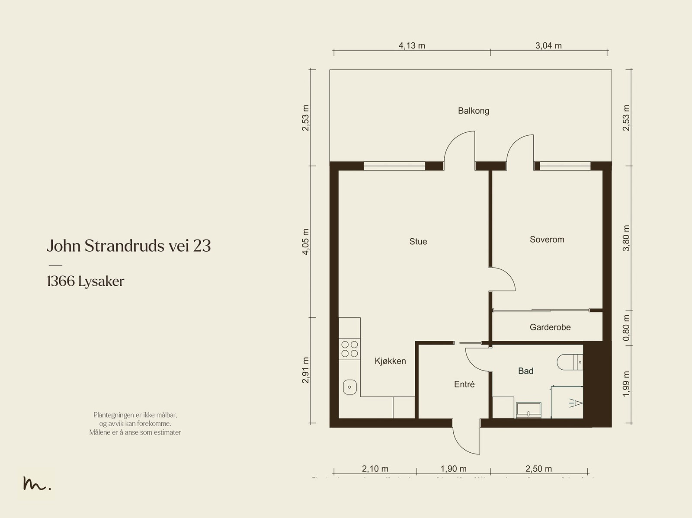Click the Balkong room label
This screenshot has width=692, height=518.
click(x=474, y=111)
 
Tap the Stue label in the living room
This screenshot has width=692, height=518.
click(x=418, y=241)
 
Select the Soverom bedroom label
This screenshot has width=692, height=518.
click(x=547, y=239)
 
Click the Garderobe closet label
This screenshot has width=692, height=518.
click(x=550, y=327)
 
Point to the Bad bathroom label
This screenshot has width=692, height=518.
click(x=525, y=371)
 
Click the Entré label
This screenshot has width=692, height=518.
click(x=464, y=384)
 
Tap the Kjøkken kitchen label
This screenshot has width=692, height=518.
click(x=390, y=361)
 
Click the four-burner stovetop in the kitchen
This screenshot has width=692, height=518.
click(x=349, y=349)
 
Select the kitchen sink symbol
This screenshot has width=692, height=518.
click(x=349, y=387)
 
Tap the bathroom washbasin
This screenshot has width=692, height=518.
click(x=529, y=410)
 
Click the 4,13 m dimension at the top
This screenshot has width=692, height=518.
click(x=412, y=45)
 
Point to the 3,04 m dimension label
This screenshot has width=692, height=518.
click(x=548, y=45)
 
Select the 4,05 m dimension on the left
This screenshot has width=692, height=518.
click(x=306, y=242)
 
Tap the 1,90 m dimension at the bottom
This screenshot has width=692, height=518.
click(x=453, y=469)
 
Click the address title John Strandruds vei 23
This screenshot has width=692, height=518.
click(x=128, y=246)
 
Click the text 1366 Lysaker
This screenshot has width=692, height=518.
click(x=85, y=281)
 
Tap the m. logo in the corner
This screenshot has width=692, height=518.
click(x=37, y=484)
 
